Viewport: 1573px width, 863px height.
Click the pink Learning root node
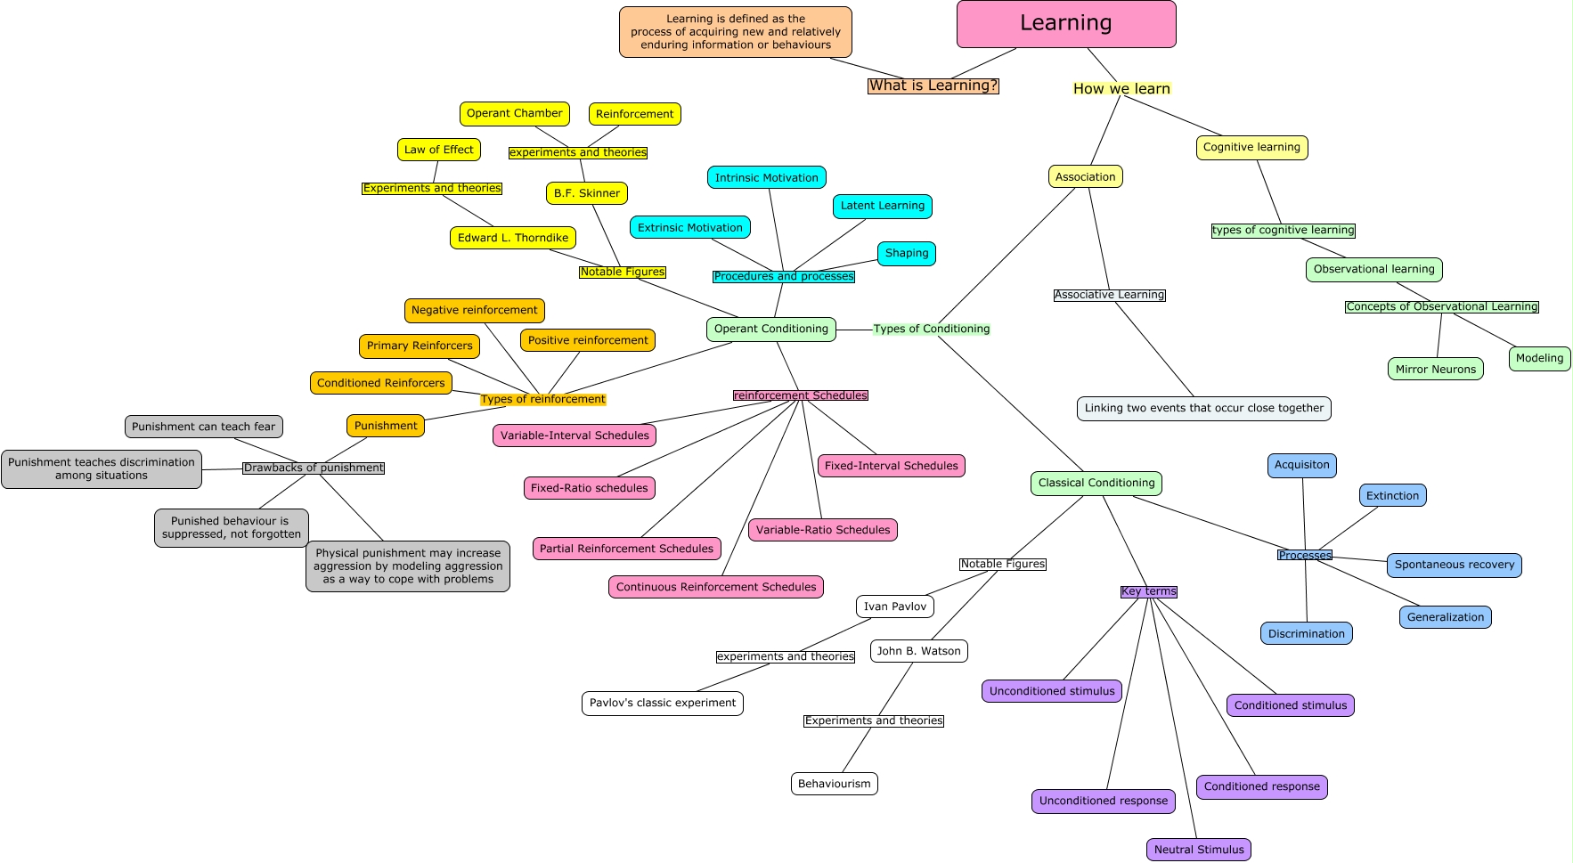(1066, 24)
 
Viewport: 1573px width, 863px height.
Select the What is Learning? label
(933, 85)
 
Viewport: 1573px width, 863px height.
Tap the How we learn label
(1121, 88)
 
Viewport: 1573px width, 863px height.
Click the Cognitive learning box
(1251, 147)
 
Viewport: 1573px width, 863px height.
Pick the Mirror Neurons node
(1435, 369)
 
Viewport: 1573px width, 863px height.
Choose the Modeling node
(1539, 358)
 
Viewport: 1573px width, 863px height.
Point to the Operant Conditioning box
(771, 329)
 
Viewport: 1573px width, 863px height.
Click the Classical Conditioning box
(1096, 483)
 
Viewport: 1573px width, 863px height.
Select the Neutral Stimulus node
(1199, 850)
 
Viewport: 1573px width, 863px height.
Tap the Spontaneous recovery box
(1455, 565)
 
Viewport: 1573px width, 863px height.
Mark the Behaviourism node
(835, 784)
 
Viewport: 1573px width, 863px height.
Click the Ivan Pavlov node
(895, 607)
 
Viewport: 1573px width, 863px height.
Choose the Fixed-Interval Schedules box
(892, 466)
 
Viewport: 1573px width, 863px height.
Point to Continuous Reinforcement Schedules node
(716, 587)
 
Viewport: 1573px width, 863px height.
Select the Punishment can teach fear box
(204, 427)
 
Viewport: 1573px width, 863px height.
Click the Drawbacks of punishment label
(314, 468)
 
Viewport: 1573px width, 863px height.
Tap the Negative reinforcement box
(475, 310)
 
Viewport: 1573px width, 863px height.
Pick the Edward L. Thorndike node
(513, 238)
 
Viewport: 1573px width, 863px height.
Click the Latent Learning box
(883, 206)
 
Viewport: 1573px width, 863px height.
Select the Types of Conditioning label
(932, 329)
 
